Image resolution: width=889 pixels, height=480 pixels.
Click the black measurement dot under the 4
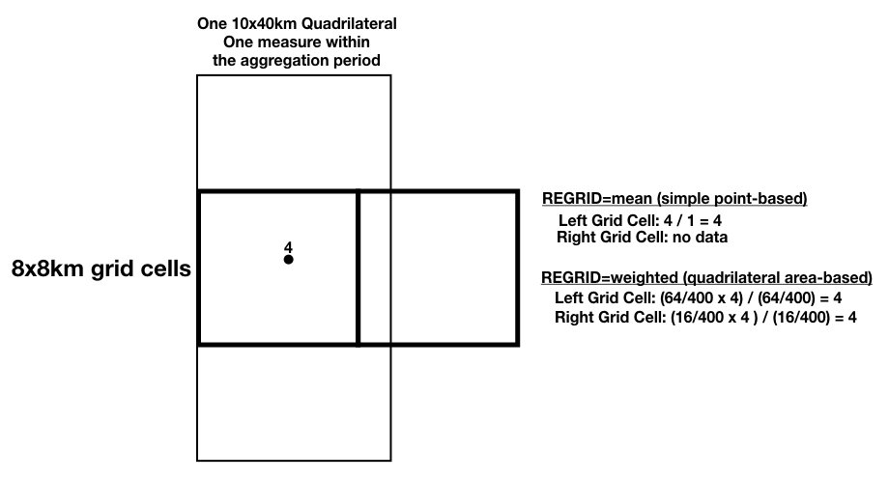288,260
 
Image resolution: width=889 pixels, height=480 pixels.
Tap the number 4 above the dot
288,247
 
